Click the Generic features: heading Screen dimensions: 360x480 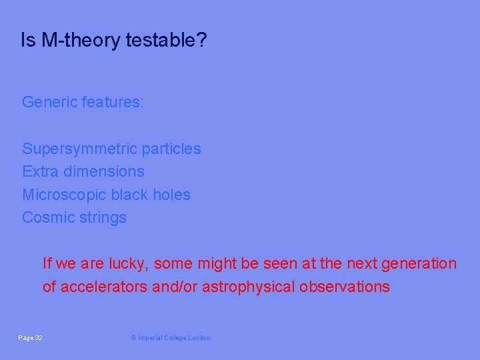tap(83, 102)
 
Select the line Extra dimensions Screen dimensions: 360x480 tap(83, 171)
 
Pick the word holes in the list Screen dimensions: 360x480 tap(172, 195)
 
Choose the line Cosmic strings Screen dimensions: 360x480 tap(74, 217)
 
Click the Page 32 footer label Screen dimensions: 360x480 tap(30, 338)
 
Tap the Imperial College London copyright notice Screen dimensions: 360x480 tap(170, 338)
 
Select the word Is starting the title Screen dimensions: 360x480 tap(28, 41)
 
